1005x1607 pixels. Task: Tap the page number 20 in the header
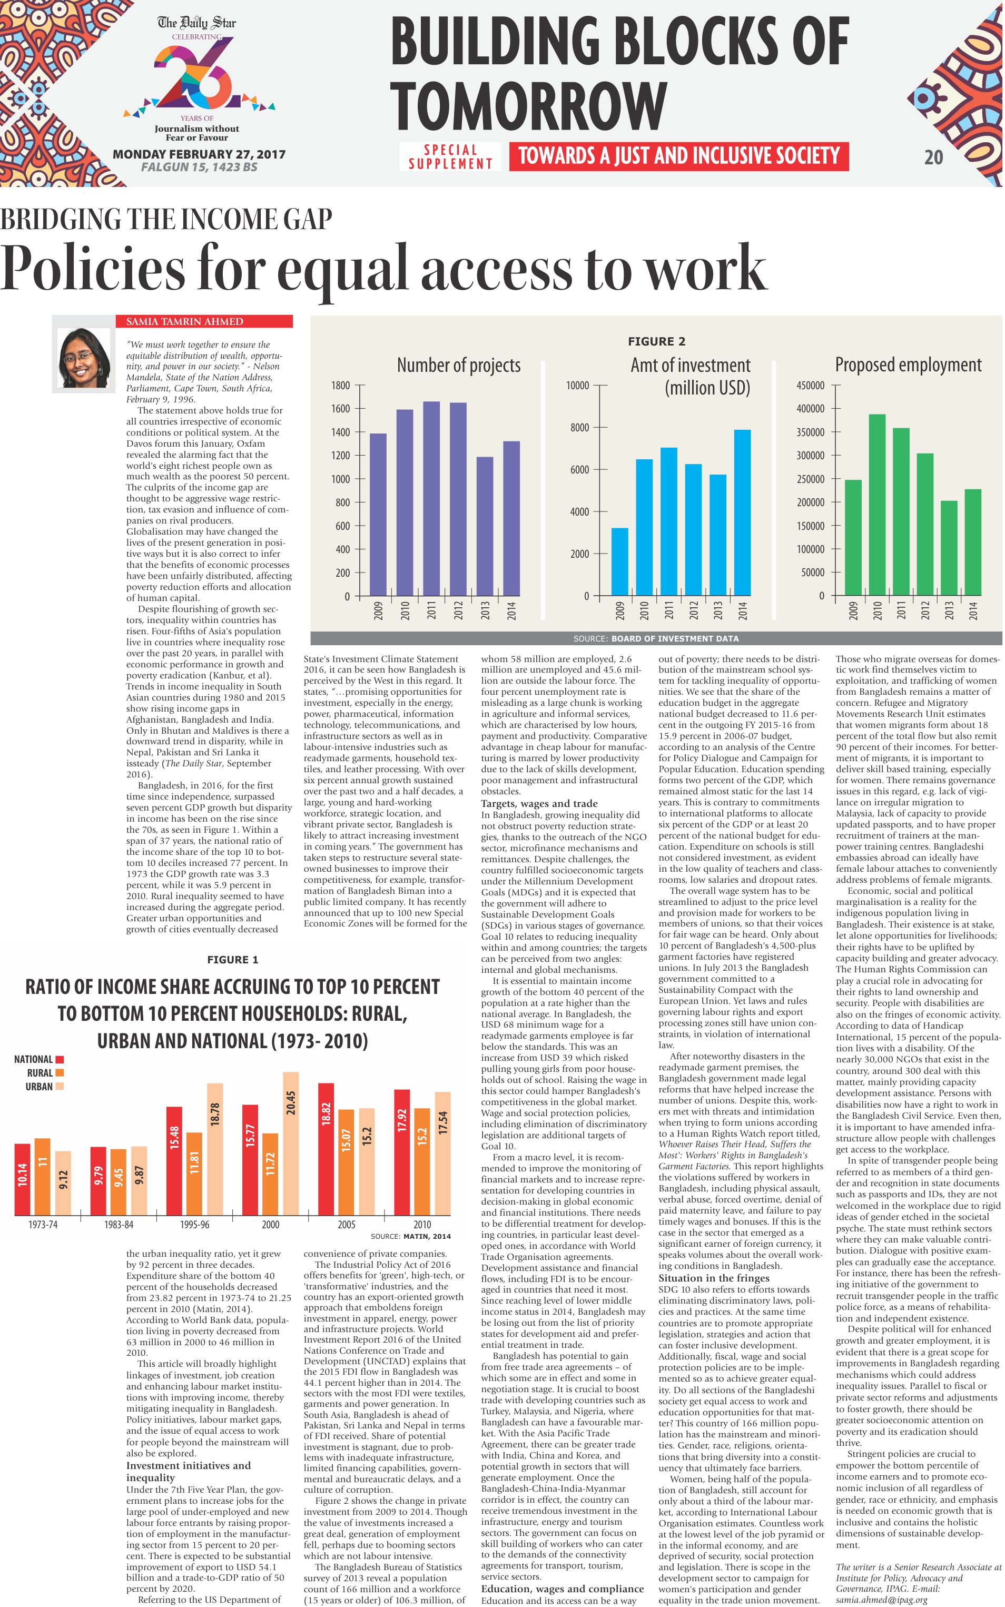(933, 157)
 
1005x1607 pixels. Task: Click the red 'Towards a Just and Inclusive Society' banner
(678, 156)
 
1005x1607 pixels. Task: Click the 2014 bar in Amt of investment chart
(743, 512)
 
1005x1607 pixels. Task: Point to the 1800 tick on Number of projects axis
(340, 386)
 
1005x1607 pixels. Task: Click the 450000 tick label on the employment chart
(810, 386)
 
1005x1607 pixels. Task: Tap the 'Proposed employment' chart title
(908, 365)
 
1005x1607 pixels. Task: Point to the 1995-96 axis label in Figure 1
(194, 1224)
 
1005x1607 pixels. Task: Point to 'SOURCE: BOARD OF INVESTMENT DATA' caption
(656, 639)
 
